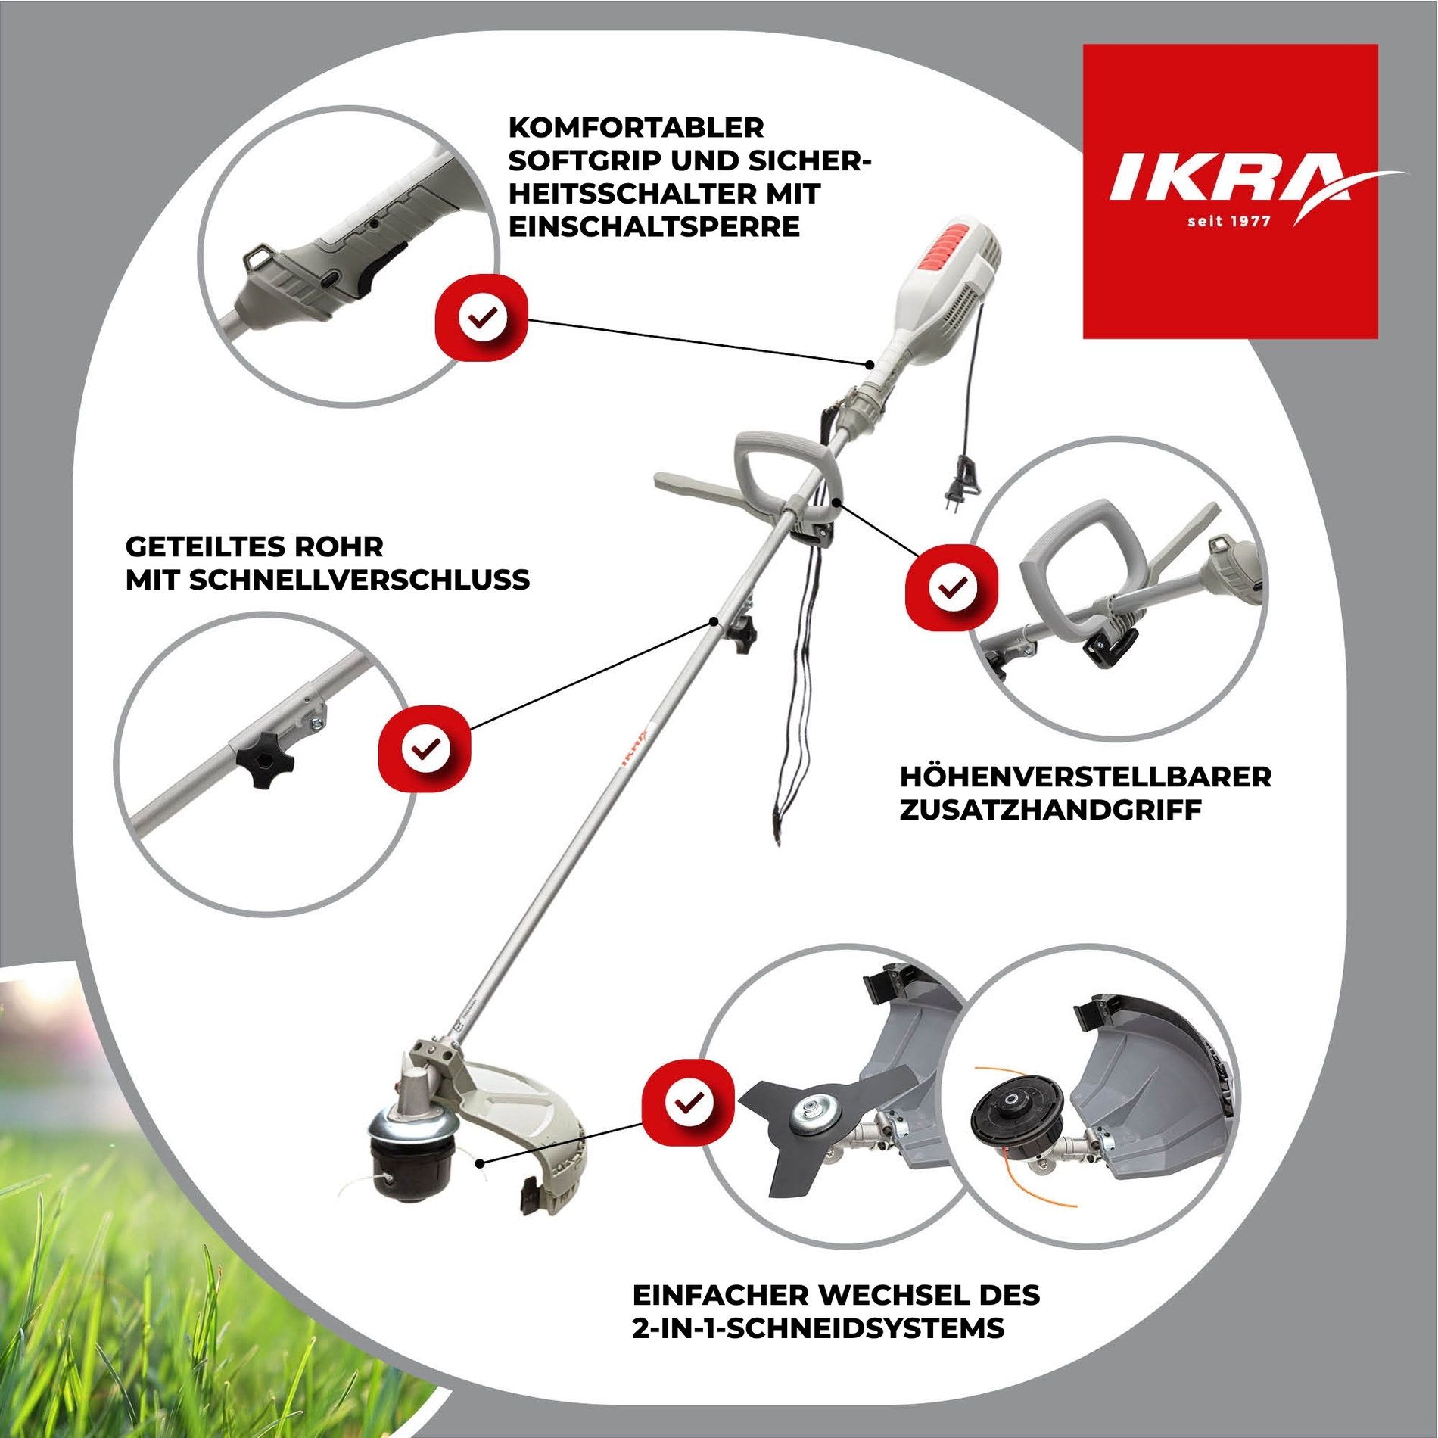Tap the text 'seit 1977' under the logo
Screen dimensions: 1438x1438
click(x=1229, y=221)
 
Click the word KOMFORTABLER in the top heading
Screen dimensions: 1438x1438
click(x=636, y=127)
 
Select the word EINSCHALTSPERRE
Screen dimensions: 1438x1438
click(x=654, y=226)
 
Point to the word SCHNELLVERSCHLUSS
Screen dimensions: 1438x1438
click(x=359, y=580)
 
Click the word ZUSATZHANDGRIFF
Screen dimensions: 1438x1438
click(x=1050, y=810)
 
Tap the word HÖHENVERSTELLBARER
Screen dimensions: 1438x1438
click(x=1085, y=777)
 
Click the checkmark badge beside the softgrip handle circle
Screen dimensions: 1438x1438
click(x=481, y=317)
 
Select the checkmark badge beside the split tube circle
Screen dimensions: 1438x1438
click(x=425, y=748)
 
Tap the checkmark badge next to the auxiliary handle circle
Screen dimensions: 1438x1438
click(x=951, y=587)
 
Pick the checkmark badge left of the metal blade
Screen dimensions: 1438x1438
click(x=688, y=1102)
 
